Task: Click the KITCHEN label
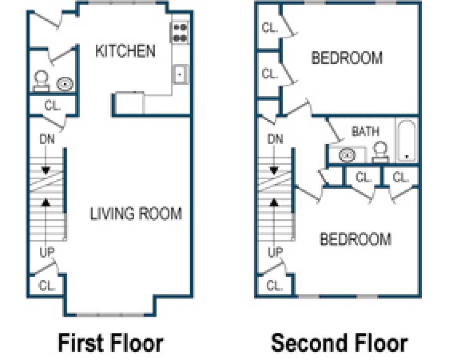point(125,51)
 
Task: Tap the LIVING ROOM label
point(136,213)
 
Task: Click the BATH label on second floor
point(365,132)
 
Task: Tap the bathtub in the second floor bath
point(406,141)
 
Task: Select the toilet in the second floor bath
point(380,152)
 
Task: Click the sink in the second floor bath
point(347,155)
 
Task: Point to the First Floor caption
point(110,342)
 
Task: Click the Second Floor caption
point(339,342)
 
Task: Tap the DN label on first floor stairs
point(47,140)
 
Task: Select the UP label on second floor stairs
point(275,252)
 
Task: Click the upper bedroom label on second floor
point(347,58)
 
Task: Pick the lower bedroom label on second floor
point(355,239)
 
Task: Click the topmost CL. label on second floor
point(270,28)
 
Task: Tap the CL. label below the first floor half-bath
point(53,106)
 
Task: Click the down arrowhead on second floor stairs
point(274,170)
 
